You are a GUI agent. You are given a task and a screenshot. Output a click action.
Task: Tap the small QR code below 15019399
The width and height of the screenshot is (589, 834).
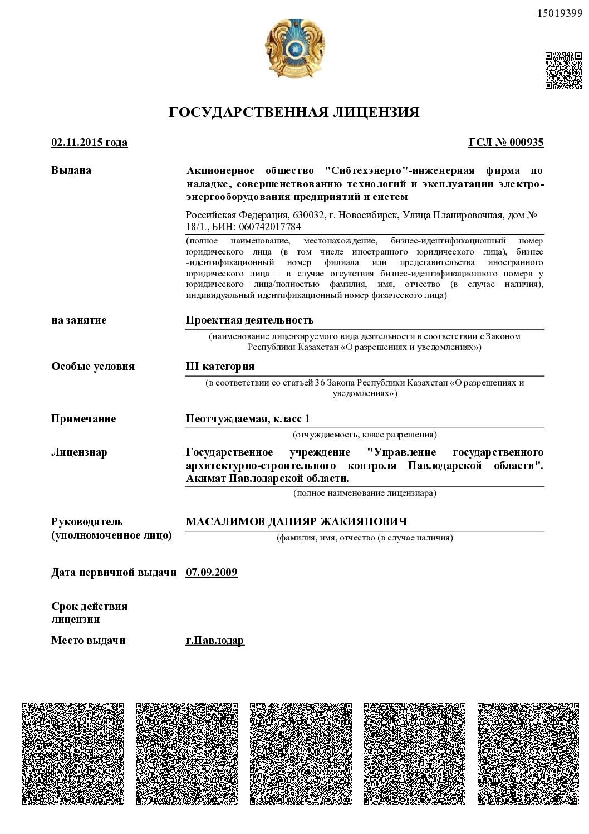tap(563, 70)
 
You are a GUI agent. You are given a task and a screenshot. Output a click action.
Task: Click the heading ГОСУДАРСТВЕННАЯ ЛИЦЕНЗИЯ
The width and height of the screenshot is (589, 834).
tap(294, 113)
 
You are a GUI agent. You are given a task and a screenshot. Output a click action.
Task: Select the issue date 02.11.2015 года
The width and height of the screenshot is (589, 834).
tap(89, 143)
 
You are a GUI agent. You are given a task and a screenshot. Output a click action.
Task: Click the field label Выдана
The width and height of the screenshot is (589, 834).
tap(71, 170)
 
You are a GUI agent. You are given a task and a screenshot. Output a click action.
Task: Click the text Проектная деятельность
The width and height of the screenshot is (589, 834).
tap(249, 320)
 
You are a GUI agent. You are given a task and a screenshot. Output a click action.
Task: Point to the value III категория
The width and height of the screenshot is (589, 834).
tap(220, 367)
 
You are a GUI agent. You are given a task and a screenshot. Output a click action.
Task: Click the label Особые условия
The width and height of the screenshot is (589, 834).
tap(93, 367)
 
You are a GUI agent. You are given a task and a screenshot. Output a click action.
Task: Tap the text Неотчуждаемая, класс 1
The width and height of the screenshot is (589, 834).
tap(248, 419)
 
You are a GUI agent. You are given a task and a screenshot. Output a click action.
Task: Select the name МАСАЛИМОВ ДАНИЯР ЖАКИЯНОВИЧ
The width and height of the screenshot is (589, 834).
tap(296, 522)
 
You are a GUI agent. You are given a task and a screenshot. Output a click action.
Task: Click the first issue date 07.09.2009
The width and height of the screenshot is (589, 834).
tap(212, 573)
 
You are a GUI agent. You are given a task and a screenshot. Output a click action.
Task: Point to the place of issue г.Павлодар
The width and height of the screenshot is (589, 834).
tap(215, 641)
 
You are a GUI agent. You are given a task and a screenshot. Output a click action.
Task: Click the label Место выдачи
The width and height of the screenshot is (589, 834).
tap(89, 641)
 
